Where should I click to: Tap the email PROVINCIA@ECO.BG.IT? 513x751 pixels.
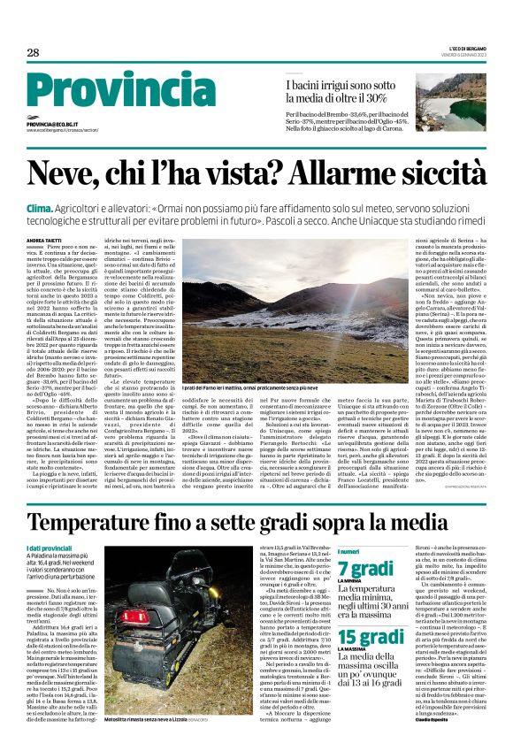pyautogui.click(x=56, y=125)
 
